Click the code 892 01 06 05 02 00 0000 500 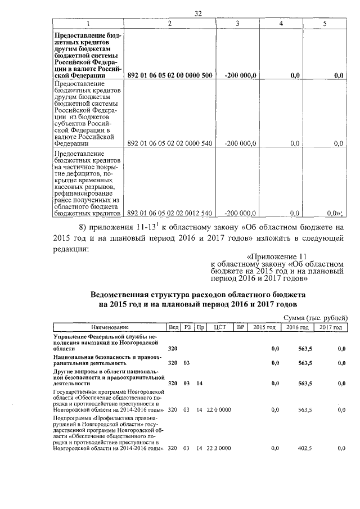pos(170,75)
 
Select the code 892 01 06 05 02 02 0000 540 pos(170,143)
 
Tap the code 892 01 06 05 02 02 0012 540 pos(170,213)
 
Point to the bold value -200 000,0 pos(241,75)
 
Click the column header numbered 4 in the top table pos(282,23)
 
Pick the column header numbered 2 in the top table pos(170,23)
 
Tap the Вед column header pos(173,327)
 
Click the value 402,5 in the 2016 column pos(304,448)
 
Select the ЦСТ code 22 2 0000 pos(219,448)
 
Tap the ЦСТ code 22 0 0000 pos(219,410)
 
